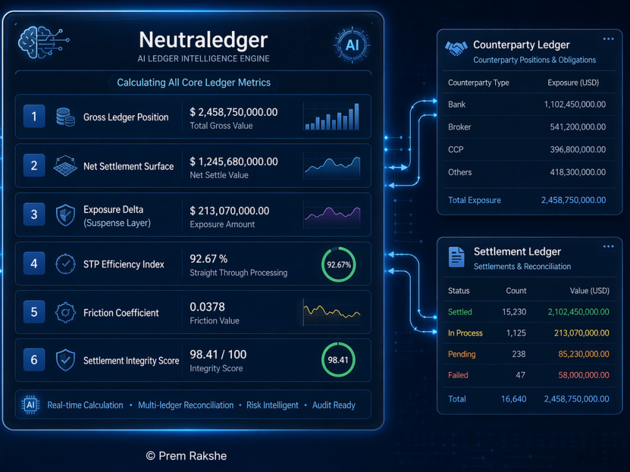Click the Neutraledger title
pyautogui.click(x=203, y=40)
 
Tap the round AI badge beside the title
pyautogui.click(x=352, y=45)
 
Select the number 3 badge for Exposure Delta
pyautogui.click(x=34, y=215)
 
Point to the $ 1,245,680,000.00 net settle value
pyautogui.click(x=234, y=162)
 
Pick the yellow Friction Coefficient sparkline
pyautogui.click(x=332, y=312)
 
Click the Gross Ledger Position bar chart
pyautogui.click(x=332, y=117)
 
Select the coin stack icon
pyautogui.click(x=65, y=117)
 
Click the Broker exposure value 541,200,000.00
pyautogui.click(x=578, y=127)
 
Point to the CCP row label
pyautogui.click(x=455, y=150)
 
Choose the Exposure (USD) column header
pyautogui.click(x=573, y=82)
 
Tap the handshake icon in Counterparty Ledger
pyautogui.click(x=456, y=48)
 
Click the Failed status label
pyautogui.click(x=458, y=375)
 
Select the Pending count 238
pyautogui.click(x=518, y=354)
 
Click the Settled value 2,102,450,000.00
pyautogui.click(x=578, y=312)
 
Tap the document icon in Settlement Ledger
pyautogui.click(x=456, y=257)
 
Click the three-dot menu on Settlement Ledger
pyautogui.click(x=609, y=247)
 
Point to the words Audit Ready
pyautogui.click(x=334, y=405)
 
